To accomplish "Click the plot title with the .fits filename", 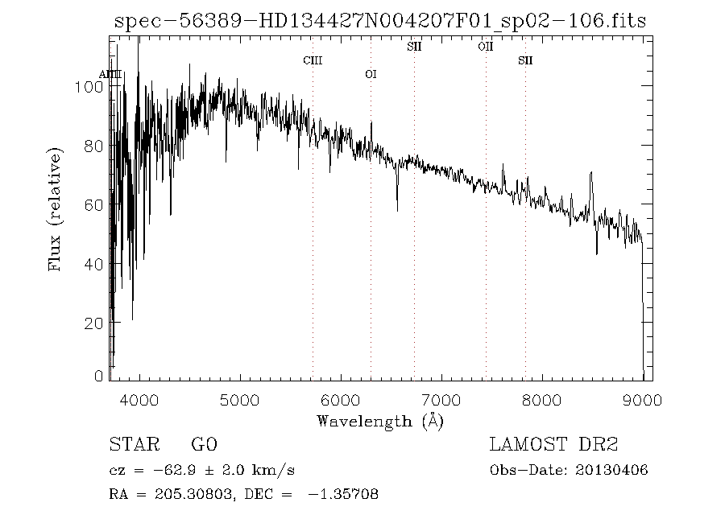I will coord(380,22).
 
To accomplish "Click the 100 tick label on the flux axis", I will coord(90,86).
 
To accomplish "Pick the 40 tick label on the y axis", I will coord(94,263).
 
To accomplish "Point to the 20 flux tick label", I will coord(94,323).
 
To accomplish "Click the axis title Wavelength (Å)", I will coord(380,420).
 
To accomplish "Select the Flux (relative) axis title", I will coord(55,209).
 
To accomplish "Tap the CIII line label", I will coord(313,60).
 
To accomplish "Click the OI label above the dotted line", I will coord(371,74).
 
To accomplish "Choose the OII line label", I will coord(485,47).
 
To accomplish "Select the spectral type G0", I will coord(204,445).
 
